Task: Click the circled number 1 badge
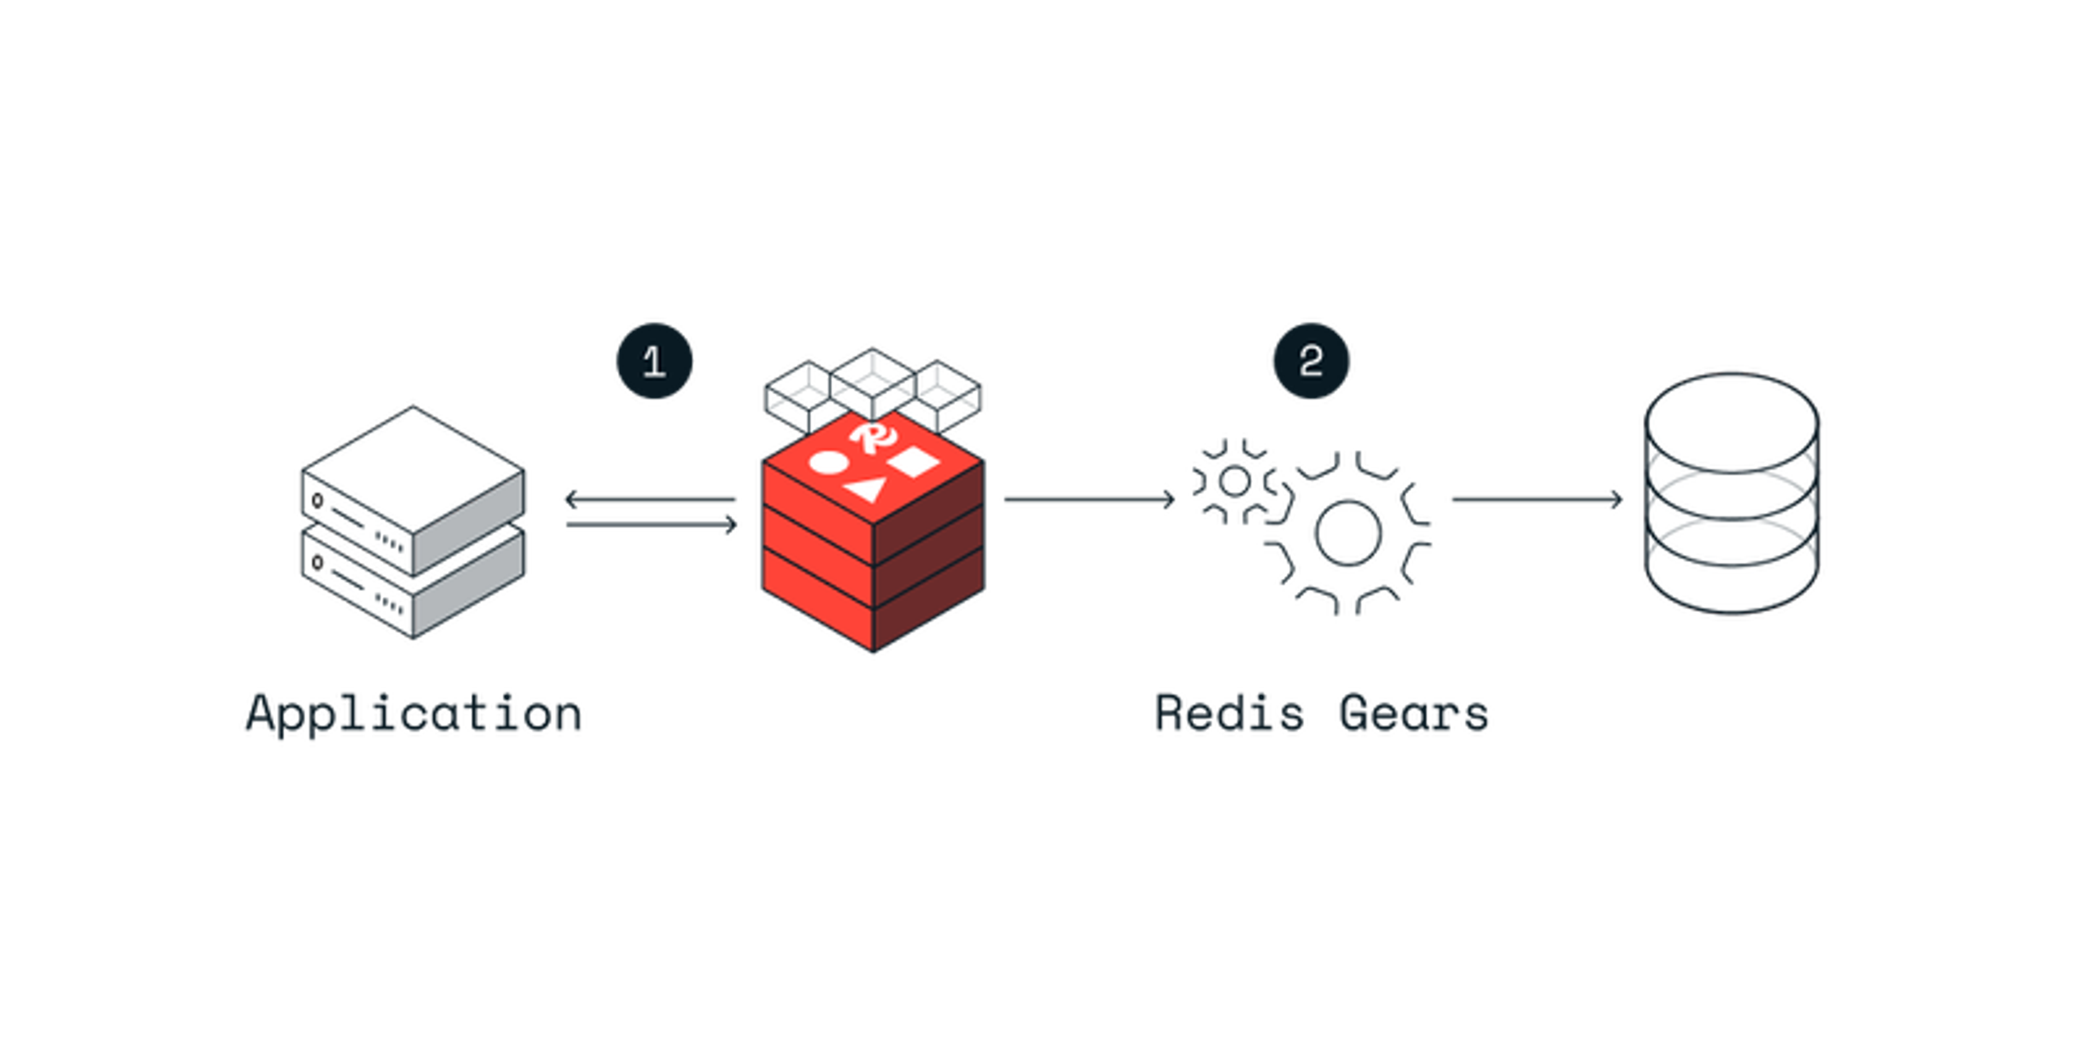pyautogui.click(x=654, y=361)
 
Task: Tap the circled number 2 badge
pyautogui.click(x=1311, y=361)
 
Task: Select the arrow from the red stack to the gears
pyautogui.click(x=1089, y=499)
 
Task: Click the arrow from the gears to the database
pyautogui.click(x=1537, y=499)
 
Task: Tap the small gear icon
pyautogui.click(x=1234, y=481)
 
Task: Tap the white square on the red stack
pyautogui.click(x=914, y=461)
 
